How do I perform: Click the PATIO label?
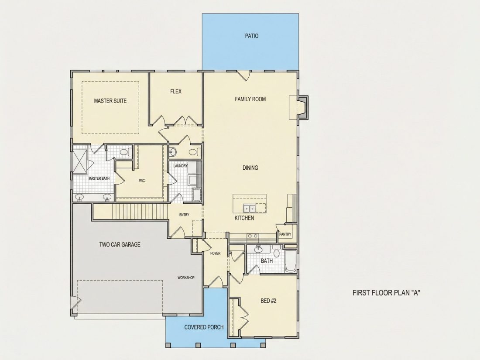point(252,36)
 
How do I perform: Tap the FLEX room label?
point(176,91)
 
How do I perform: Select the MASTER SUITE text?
point(110,101)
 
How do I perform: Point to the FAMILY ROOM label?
point(250,99)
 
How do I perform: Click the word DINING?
point(250,168)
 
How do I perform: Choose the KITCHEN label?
point(244,218)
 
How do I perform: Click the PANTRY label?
point(285,234)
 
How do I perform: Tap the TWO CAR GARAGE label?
point(120,244)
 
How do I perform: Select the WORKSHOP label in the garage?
point(186,278)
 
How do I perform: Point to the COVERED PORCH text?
point(204,327)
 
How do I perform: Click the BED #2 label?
point(268,301)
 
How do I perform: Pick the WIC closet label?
point(142,181)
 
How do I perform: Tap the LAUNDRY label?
point(180,166)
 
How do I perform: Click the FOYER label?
point(215,253)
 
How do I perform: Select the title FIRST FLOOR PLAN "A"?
point(386,293)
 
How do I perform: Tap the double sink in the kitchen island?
point(250,209)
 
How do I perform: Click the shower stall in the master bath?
point(80,161)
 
